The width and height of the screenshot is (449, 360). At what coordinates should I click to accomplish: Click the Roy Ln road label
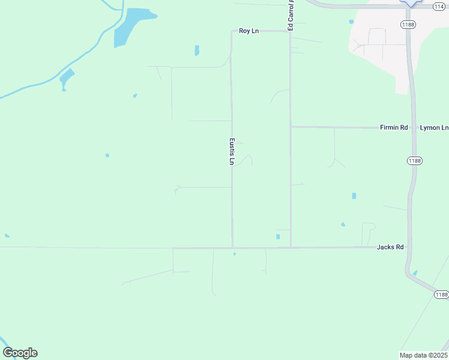[x=249, y=31]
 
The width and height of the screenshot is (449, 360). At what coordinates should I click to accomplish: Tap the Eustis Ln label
[x=232, y=152]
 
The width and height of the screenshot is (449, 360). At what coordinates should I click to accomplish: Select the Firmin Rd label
[x=394, y=128]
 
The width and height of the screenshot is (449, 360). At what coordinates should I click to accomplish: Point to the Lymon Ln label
[x=433, y=128]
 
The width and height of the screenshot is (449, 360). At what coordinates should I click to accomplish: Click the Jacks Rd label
[x=390, y=247]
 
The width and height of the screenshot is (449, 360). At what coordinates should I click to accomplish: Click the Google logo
[x=20, y=353]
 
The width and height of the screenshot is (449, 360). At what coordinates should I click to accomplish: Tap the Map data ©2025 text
[x=423, y=355]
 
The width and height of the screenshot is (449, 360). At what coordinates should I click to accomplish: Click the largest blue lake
[x=129, y=26]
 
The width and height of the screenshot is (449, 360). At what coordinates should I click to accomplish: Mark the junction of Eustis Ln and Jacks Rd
[x=232, y=247]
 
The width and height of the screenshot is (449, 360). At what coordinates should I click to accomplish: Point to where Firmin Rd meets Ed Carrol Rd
[x=291, y=127]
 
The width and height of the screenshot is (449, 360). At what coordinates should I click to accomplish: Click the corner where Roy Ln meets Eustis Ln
[x=232, y=31]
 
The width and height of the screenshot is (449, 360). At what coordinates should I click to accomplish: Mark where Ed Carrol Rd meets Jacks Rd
[x=291, y=247]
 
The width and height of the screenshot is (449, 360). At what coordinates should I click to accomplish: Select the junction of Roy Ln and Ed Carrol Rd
[x=291, y=31]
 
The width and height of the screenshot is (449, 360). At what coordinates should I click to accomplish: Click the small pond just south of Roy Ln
[x=196, y=50]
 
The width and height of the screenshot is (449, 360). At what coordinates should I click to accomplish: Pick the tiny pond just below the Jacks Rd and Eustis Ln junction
[x=234, y=254]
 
